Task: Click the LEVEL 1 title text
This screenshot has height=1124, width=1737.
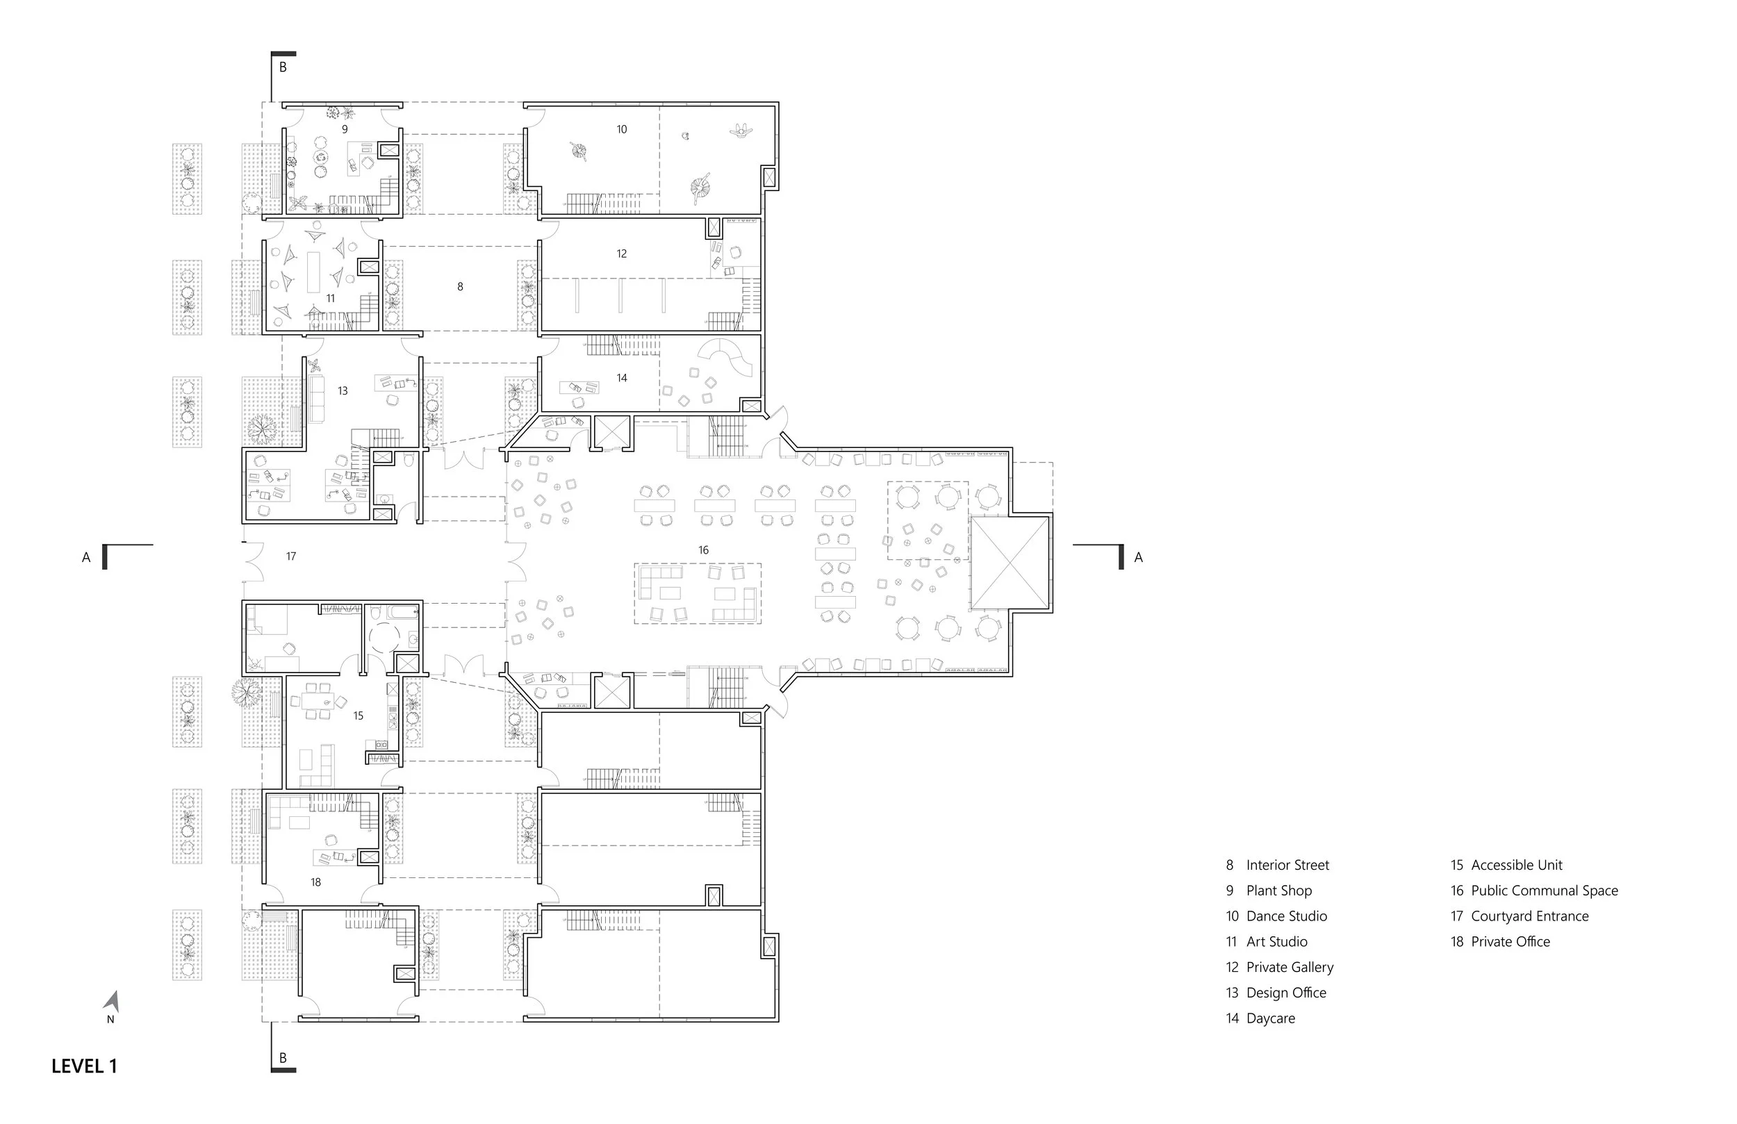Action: [x=84, y=1066]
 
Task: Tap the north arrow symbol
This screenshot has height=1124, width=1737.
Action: [x=112, y=1002]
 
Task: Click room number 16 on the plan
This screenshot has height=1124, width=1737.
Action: [x=703, y=549]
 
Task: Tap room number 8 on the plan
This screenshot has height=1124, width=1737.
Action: [x=460, y=287]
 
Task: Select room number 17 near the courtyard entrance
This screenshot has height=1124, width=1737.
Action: [x=291, y=556]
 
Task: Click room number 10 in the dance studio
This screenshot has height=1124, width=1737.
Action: [x=621, y=129]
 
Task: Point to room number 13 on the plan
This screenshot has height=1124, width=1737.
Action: [x=343, y=390]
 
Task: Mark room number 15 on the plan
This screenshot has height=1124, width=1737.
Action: [x=359, y=716]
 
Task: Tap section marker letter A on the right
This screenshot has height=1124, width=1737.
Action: [x=1138, y=558]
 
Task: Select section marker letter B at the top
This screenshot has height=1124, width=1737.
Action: [x=283, y=67]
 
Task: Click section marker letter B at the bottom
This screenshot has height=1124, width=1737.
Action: [x=283, y=1057]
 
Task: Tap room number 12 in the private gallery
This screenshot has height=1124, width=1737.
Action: [x=621, y=254]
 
